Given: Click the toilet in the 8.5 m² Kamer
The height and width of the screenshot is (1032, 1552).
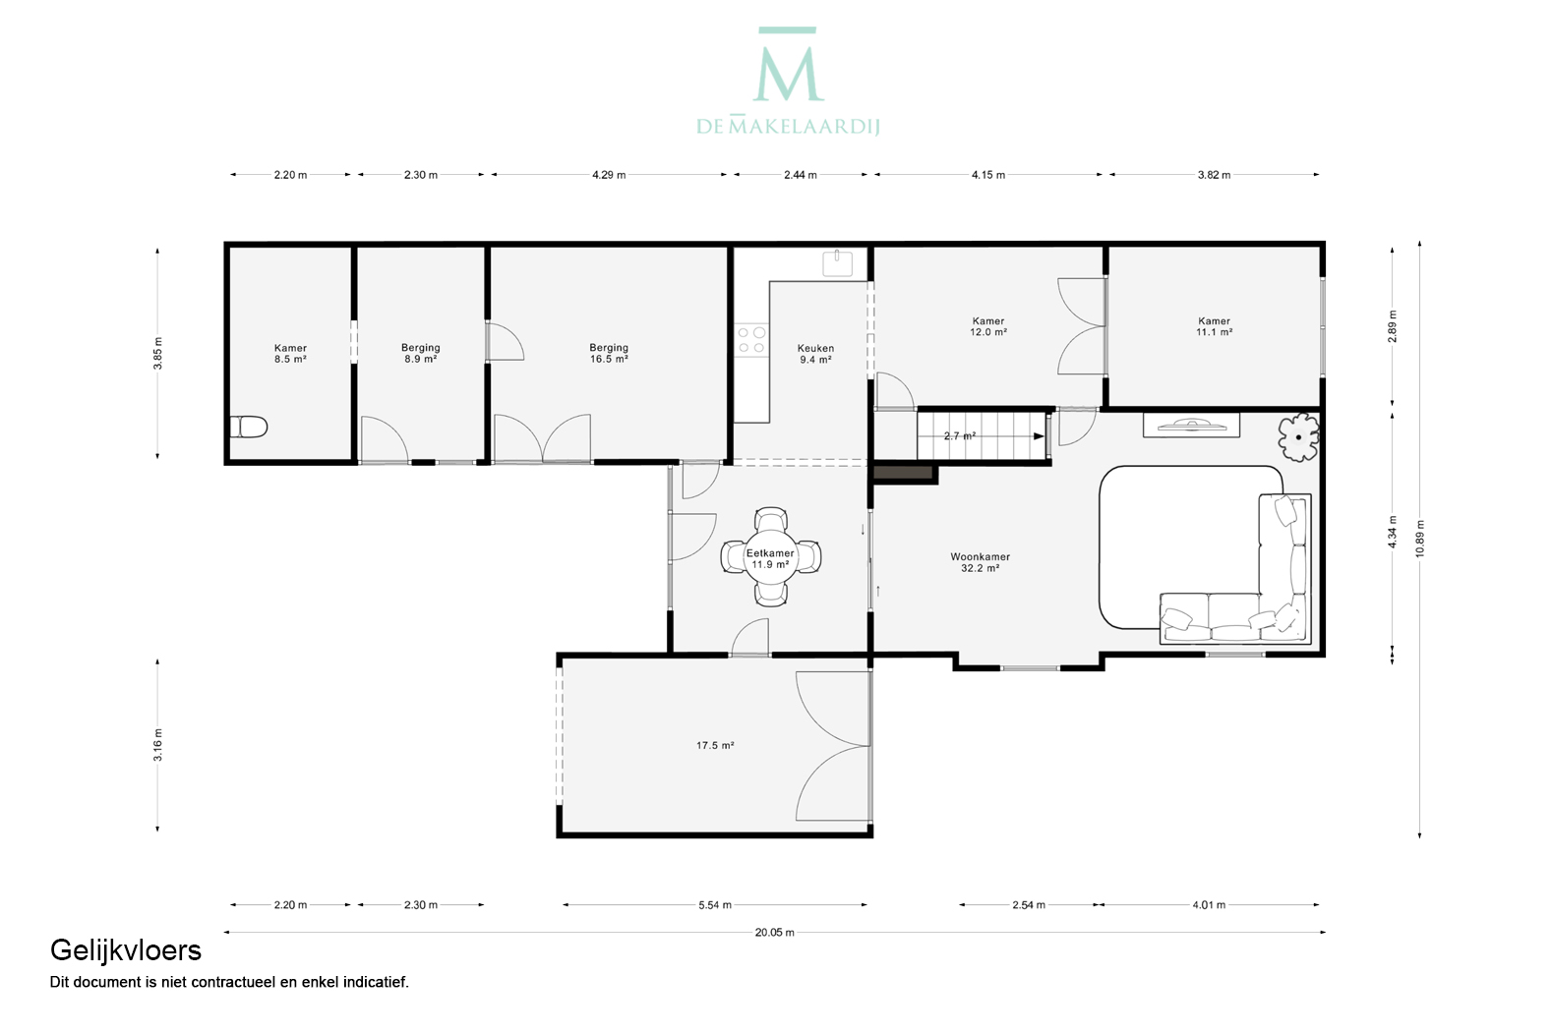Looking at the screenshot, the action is [x=248, y=427].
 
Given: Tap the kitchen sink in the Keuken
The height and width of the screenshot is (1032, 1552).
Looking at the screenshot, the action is [x=837, y=263].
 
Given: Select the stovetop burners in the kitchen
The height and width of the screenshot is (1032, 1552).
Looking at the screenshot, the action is [x=751, y=340].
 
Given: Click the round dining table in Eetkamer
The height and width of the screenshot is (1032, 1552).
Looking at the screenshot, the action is [x=770, y=557].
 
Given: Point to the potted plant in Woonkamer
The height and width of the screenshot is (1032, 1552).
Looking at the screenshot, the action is [x=1298, y=437].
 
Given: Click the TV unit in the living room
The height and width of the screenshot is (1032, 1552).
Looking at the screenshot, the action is [x=1191, y=426].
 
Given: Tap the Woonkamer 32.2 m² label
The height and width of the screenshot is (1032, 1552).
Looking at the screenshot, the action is [x=980, y=562].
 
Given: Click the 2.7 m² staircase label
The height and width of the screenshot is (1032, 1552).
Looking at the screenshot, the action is [x=960, y=435].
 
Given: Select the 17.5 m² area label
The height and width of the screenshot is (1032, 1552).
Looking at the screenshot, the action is [x=715, y=745].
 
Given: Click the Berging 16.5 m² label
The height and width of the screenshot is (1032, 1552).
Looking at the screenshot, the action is [x=609, y=353].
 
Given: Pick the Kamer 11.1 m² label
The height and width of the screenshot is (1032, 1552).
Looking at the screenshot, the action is [x=1214, y=326].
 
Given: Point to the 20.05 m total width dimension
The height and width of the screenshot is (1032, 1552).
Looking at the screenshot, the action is [x=775, y=933].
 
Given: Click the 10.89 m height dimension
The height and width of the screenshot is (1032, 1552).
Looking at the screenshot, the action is [x=1419, y=539].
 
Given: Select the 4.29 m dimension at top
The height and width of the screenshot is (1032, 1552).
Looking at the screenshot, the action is [x=609, y=175].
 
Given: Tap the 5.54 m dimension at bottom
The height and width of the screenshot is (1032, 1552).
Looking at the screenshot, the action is [x=715, y=904].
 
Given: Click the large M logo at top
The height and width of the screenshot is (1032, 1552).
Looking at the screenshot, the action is [x=788, y=65].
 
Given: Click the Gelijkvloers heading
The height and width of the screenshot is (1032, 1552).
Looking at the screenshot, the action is [x=126, y=951].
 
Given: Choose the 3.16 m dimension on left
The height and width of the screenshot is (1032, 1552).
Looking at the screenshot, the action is [x=158, y=745].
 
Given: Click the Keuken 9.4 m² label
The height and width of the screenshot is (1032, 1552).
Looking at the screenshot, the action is [x=815, y=354].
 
